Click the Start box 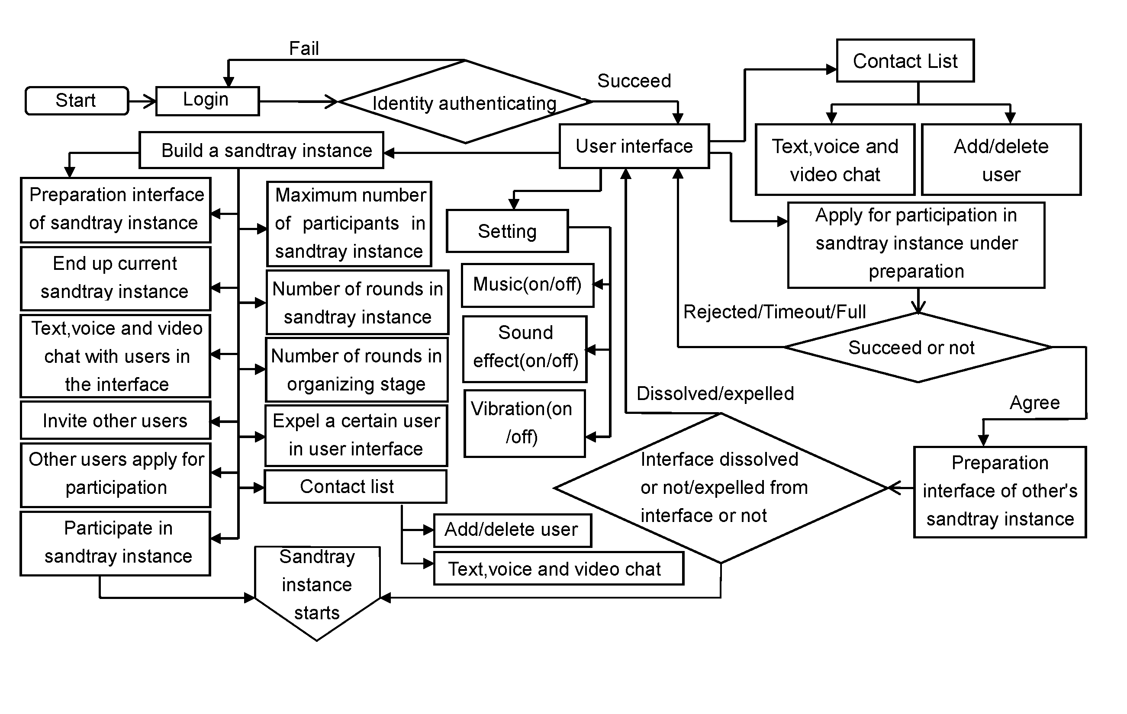tap(76, 100)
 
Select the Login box tap(207, 100)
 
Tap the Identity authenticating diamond tap(465, 102)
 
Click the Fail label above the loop tap(304, 48)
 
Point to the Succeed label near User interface tap(634, 81)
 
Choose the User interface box tap(634, 146)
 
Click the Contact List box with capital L tap(905, 61)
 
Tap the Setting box tap(507, 231)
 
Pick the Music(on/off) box tap(527, 285)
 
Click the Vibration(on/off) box tap(524, 423)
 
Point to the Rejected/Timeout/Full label tap(774, 312)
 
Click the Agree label tap(1034, 403)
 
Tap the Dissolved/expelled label tap(715, 394)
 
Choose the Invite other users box tap(115, 420)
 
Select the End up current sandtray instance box tap(115, 278)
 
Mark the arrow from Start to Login tap(142, 101)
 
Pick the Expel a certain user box tap(356, 435)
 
